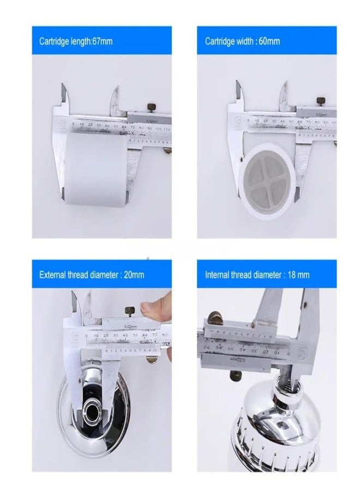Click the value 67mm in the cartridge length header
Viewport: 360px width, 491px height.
pyautogui.click(x=102, y=41)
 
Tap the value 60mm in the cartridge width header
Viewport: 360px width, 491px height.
pyautogui.click(x=269, y=41)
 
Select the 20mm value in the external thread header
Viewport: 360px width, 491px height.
pyautogui.click(x=134, y=274)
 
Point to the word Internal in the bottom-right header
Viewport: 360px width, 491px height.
pyautogui.click(x=217, y=274)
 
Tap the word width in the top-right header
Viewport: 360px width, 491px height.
pyautogui.click(x=243, y=41)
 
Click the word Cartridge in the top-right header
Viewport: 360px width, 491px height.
pyautogui.click(x=220, y=41)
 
